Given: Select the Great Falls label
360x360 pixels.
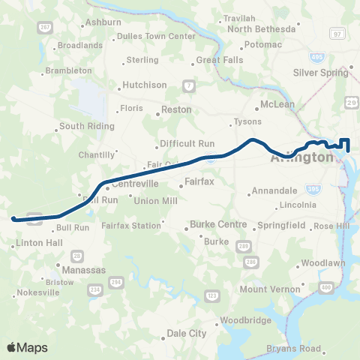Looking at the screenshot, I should (215, 60).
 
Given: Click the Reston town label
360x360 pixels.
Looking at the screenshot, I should (176, 109).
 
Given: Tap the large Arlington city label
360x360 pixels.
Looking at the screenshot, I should (301, 158).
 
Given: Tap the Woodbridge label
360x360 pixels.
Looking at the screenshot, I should (244, 323).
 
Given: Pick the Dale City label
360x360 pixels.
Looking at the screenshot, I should (186, 333).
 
